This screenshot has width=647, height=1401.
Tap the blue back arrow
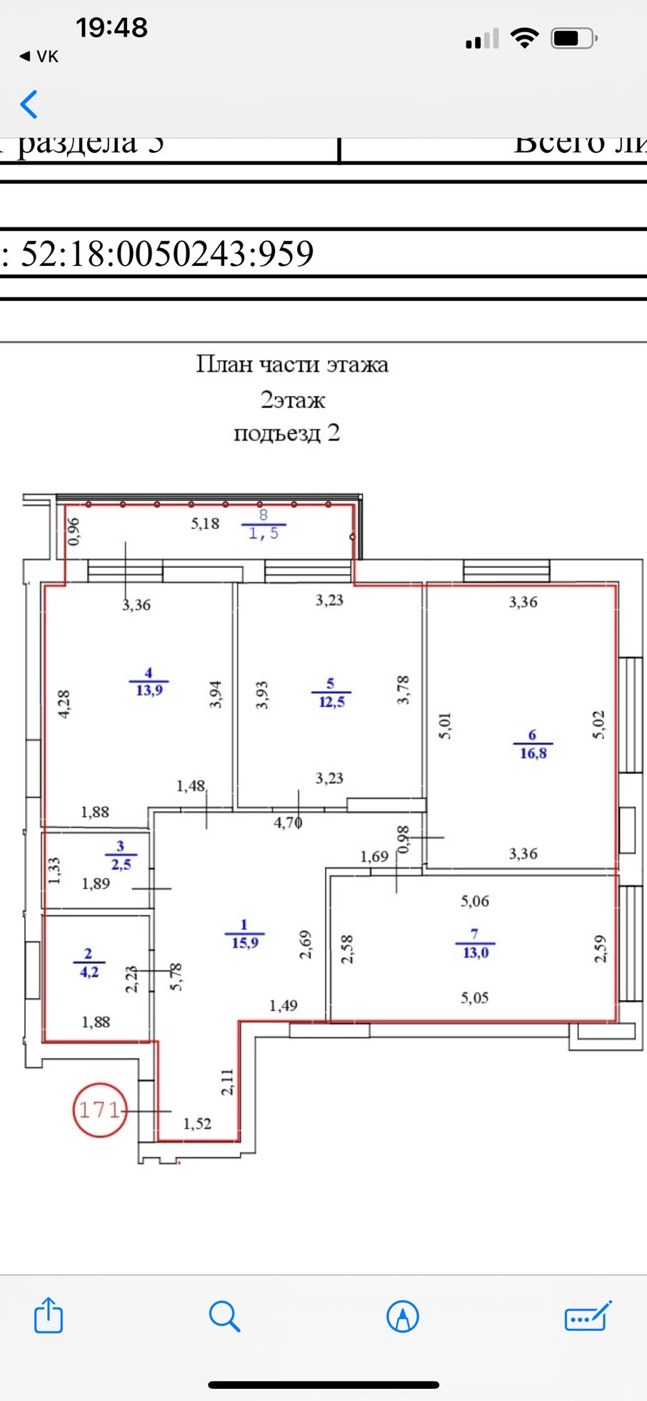point(29,104)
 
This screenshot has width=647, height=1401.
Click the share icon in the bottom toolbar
point(49,1315)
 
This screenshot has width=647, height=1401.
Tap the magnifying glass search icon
point(224,1316)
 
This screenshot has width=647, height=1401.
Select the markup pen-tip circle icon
point(402,1316)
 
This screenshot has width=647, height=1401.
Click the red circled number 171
point(99,1109)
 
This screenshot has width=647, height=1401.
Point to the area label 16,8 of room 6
point(533,753)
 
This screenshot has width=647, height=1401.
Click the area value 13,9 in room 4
point(149,690)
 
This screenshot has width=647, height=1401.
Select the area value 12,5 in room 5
point(331,701)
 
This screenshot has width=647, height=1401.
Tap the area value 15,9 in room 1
point(245,942)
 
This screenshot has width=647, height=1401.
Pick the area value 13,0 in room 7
point(476,952)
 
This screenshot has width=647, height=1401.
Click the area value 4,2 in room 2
point(89,971)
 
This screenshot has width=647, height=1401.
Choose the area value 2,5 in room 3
point(121,863)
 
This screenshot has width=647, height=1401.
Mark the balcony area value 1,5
point(264,533)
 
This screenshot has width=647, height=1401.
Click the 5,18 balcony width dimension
point(205,523)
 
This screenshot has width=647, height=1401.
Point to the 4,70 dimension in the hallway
point(288,823)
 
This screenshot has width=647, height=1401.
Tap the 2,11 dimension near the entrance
point(227,1082)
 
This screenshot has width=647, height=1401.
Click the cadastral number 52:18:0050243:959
point(167,253)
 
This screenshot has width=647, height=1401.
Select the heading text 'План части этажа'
point(292,365)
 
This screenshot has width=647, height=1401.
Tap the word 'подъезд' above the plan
point(277,433)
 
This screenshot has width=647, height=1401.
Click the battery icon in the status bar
point(573,38)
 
